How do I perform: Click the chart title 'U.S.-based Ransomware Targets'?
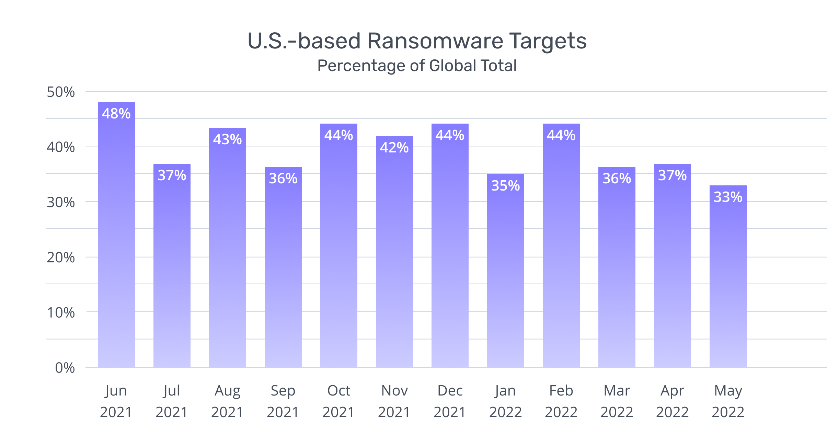tap(417, 41)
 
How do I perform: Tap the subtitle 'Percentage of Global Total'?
tap(417, 66)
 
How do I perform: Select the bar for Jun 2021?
tap(116, 240)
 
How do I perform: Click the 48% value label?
tap(116, 114)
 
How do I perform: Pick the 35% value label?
tap(505, 186)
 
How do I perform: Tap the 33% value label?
tap(728, 197)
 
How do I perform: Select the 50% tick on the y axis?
tap(61, 92)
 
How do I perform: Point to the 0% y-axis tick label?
tap(65, 368)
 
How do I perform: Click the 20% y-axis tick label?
tap(61, 257)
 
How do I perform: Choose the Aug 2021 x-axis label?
tap(227, 401)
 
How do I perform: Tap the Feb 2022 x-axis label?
tap(561, 401)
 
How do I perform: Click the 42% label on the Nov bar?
tap(394, 148)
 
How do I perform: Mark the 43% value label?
tap(227, 139)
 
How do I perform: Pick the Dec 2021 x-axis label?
tap(450, 401)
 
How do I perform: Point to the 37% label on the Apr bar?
tap(672, 175)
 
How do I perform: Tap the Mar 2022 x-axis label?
tap(617, 401)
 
